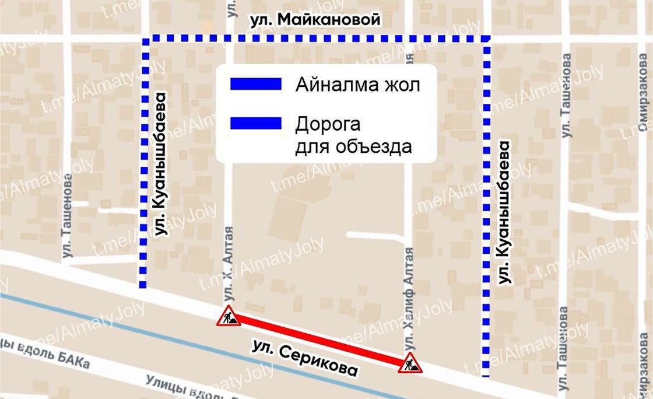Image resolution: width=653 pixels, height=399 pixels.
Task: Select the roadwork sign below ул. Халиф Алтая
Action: pyautogui.click(x=410, y=363)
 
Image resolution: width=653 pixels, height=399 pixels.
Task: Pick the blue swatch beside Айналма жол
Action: pyautogui.click(x=256, y=85)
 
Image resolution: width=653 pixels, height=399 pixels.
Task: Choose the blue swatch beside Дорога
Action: pyautogui.click(x=256, y=124)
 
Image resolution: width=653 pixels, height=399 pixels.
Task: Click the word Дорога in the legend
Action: pyautogui.click(x=328, y=124)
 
